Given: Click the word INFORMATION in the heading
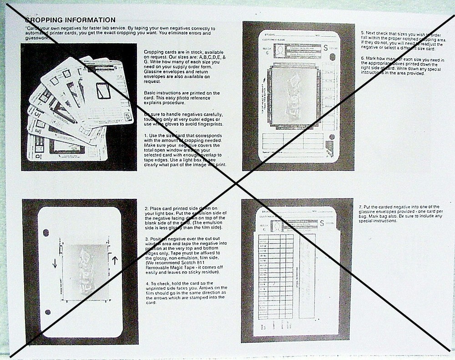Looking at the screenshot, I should click(86, 20).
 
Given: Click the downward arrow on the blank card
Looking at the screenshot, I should click(55, 263).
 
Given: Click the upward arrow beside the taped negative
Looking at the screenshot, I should click(115, 260).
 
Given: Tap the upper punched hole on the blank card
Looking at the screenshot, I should click(46, 233).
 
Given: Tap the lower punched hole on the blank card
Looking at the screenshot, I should click(48, 312).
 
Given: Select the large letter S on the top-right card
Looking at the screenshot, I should click(325, 47).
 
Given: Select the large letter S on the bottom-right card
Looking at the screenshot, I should click(322, 223).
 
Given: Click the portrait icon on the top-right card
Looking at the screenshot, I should click(280, 50).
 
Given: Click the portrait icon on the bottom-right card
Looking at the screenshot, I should click(277, 226).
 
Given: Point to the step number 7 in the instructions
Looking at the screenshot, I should click(360, 207).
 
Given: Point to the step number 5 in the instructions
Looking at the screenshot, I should click(362, 33).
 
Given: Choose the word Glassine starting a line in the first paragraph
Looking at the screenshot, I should click(152, 77).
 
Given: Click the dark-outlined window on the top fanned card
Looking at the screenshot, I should click(103, 91).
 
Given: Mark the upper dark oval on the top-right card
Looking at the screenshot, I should click(332, 57).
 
